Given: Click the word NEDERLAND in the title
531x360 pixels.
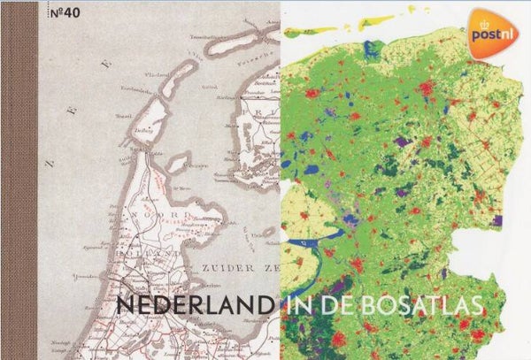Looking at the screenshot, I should tap(194, 304).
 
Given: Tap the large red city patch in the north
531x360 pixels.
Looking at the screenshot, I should tap(426, 88).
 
